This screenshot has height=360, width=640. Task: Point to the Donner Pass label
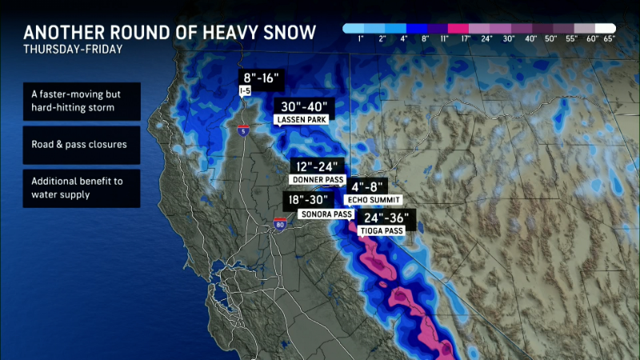point(312,180)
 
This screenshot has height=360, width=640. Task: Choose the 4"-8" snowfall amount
point(369,186)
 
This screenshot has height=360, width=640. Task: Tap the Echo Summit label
point(372,198)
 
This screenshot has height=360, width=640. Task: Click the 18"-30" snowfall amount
point(308,201)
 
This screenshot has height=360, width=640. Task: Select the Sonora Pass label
point(325,214)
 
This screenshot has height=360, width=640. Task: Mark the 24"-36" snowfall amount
point(386,217)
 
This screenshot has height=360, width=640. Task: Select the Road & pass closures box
point(81,145)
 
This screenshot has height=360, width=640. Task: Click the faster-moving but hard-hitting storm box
point(81,102)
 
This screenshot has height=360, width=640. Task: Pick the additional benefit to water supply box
point(81,188)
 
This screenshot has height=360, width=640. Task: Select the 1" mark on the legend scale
point(360,38)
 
